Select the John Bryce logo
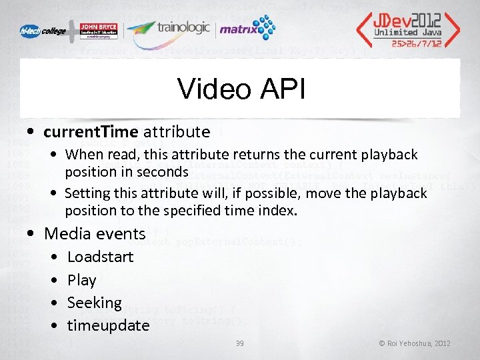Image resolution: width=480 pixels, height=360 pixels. point(99,31)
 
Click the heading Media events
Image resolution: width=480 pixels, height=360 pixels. point(94,233)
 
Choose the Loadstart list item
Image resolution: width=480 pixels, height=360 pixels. point(100,257)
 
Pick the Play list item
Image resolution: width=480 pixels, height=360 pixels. point(81,280)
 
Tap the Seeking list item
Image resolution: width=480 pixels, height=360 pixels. point(94,303)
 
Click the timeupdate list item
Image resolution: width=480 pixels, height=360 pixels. point(108,325)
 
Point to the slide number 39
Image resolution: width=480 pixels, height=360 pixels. point(240,343)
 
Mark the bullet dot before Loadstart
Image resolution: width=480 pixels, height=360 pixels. point(53,257)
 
